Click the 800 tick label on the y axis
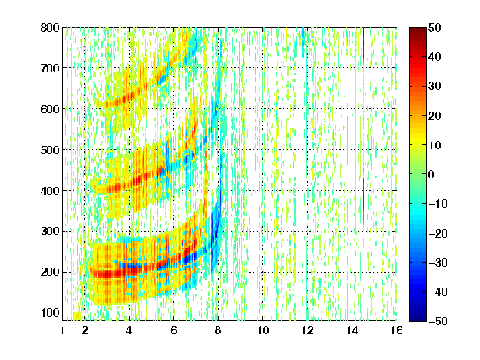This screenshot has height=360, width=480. click(50, 27)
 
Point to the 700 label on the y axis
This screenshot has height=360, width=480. click(50, 68)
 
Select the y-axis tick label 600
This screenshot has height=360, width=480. click(50, 109)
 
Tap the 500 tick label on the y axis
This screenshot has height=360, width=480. click(50, 150)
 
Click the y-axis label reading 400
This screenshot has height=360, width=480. click(50, 191)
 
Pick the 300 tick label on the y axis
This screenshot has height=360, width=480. click(50, 232)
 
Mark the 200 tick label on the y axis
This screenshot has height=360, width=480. click(50, 272)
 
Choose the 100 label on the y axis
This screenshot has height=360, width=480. click(50, 312)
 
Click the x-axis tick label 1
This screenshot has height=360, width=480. click(62, 330)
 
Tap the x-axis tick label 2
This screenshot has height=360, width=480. click(85, 330)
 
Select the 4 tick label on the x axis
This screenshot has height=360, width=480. click(129, 330)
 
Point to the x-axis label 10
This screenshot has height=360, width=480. click(263, 330)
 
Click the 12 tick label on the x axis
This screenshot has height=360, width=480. click(307, 330)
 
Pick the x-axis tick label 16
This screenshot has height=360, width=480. click(397, 330)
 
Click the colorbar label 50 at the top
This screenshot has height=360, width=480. click(435, 27)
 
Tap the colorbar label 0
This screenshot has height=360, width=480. click(432, 174)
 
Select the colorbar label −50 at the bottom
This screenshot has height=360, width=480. click(438, 321)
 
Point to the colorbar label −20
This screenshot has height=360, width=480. click(438, 233)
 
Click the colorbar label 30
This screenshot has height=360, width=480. click(435, 87)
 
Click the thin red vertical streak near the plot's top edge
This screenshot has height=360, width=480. click(363, 46)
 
